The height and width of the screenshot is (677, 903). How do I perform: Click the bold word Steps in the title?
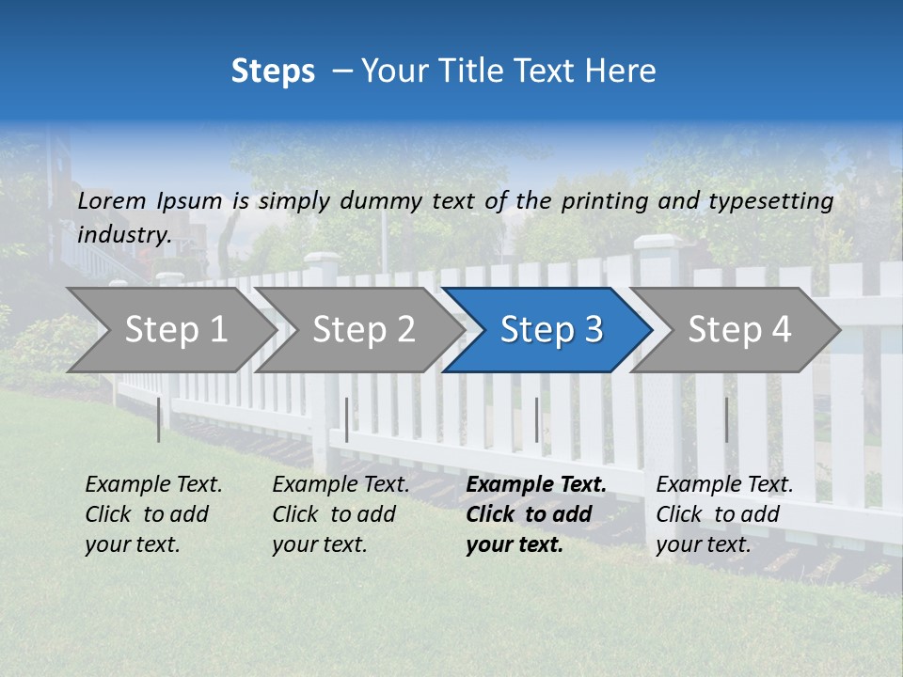(x=273, y=71)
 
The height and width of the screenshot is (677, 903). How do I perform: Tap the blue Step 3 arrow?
(x=551, y=329)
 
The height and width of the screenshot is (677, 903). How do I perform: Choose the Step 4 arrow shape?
(x=739, y=329)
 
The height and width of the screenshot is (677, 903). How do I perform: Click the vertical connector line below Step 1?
(x=159, y=419)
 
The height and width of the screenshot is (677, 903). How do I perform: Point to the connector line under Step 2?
(x=347, y=419)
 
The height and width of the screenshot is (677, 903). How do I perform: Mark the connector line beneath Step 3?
(x=537, y=419)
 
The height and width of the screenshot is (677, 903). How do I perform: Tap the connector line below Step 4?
(x=726, y=419)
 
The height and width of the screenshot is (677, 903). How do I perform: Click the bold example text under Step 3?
(x=536, y=514)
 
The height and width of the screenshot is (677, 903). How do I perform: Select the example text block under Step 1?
(x=153, y=514)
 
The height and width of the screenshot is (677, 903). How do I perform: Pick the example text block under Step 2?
(x=341, y=514)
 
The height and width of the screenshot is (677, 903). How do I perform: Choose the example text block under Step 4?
(x=724, y=514)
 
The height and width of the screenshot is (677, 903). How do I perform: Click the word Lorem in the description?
(x=112, y=200)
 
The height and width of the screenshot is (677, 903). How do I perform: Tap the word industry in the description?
(x=123, y=234)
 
